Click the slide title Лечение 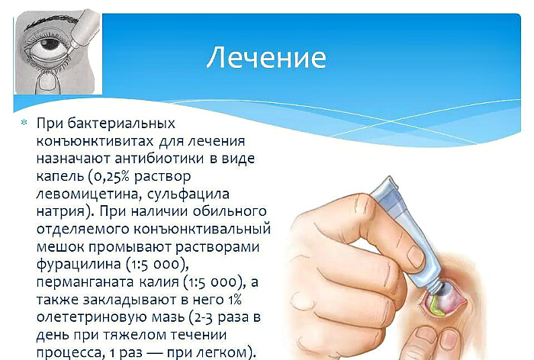[266, 57]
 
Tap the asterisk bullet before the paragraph [24, 124]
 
